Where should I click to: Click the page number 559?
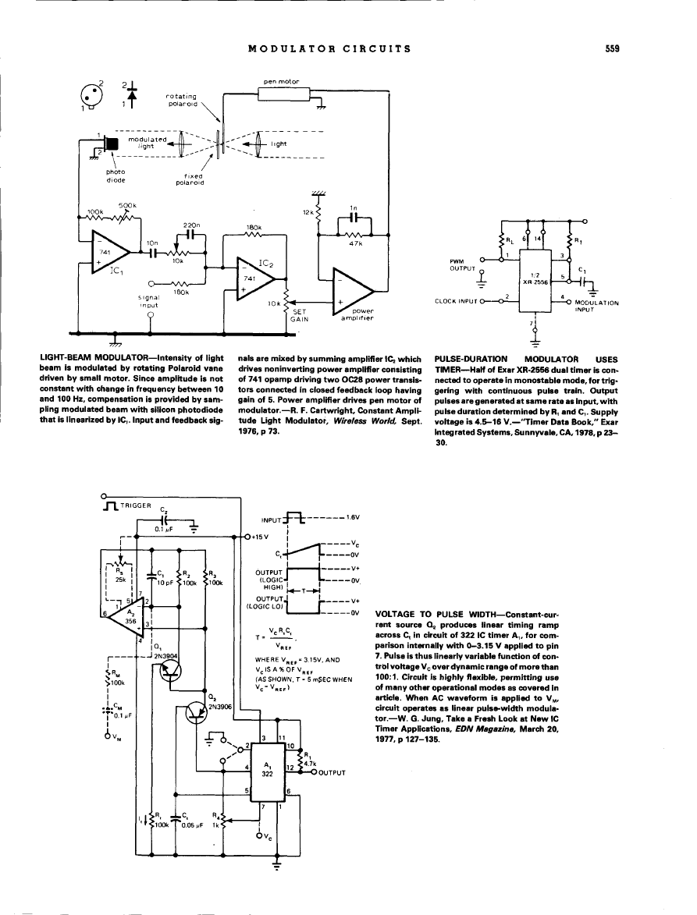tap(612, 48)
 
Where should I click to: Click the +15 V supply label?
tap(259, 537)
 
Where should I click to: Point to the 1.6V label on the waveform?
tap(351, 516)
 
